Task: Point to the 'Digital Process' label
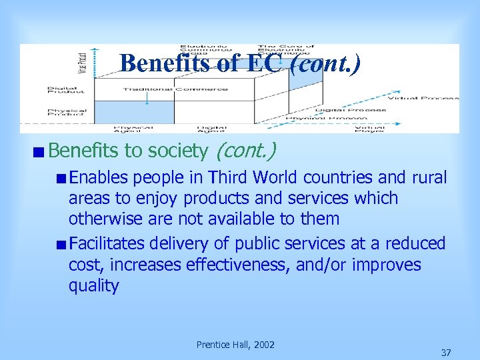tap(351, 110)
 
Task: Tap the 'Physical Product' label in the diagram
tap(67, 113)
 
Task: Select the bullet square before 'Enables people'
tap(61, 178)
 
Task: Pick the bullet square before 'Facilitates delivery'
tap(61, 245)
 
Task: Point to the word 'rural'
tap(429, 177)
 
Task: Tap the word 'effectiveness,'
tap(237, 265)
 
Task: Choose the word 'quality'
tap(93, 286)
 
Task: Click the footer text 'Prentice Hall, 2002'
tap(235, 344)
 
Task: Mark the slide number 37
tap(446, 351)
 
